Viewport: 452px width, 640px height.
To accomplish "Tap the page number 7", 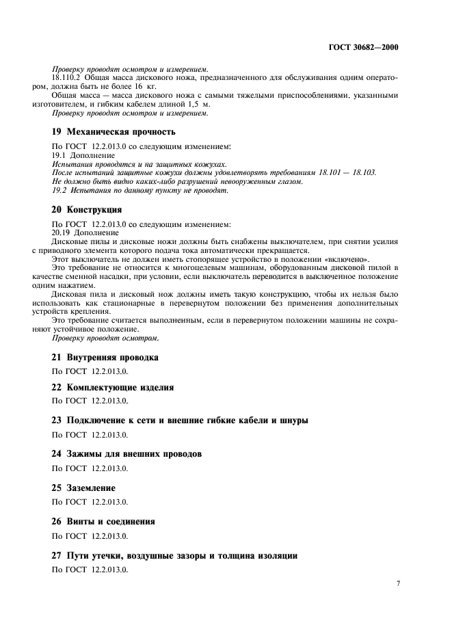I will pos(397,583).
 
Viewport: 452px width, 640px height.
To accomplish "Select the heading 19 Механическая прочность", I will pos(105,132).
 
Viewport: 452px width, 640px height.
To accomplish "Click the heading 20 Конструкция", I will pos(88,209).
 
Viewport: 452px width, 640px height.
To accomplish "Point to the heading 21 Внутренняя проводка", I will pos(105,357).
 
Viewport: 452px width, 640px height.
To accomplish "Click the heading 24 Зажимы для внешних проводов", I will pos(127,454).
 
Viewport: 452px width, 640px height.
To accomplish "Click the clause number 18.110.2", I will pos(68,78).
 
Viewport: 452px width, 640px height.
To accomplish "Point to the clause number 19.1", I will pos(59,155).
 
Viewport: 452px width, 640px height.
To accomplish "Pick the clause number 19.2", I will pos(59,190).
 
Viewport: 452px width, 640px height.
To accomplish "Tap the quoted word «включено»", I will pos(347,260).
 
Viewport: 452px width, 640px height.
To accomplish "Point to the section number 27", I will pos(57,555).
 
